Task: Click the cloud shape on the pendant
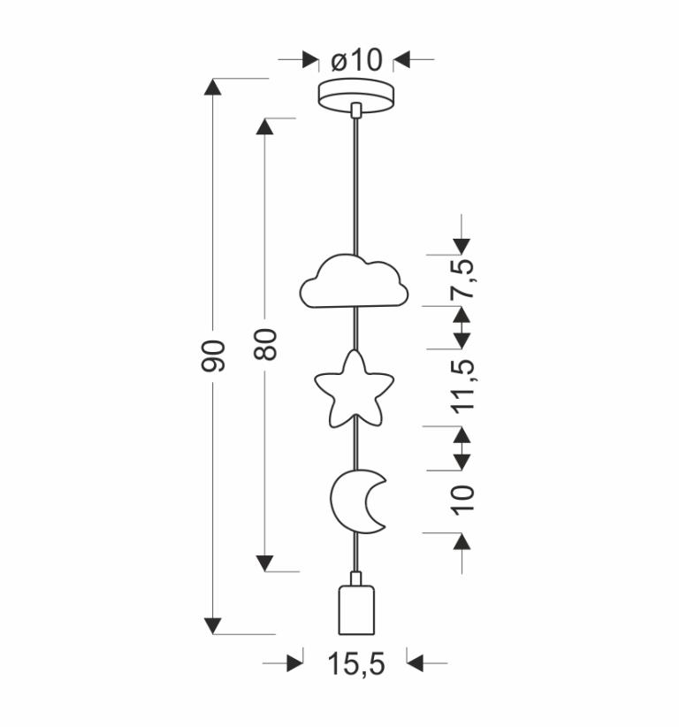tap(355, 281)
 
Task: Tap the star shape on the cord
tap(355, 388)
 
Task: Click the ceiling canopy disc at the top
tap(356, 96)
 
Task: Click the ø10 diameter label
tap(356, 60)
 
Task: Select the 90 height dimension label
tap(213, 356)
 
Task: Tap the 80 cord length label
tap(265, 344)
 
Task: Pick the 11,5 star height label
tap(463, 386)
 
